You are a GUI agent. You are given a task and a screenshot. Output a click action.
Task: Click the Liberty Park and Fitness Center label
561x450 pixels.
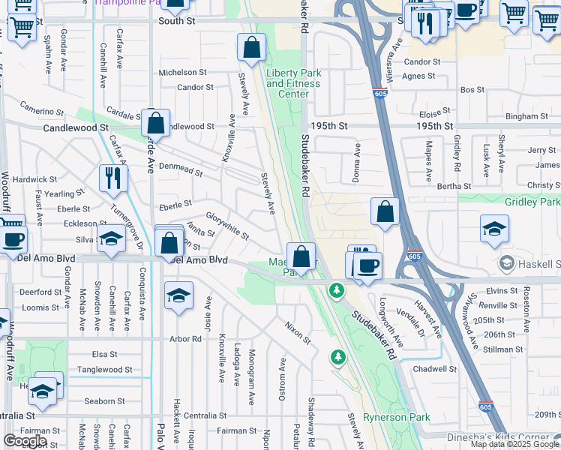click(x=293, y=84)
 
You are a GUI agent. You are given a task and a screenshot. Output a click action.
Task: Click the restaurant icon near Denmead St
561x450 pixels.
click(x=113, y=178)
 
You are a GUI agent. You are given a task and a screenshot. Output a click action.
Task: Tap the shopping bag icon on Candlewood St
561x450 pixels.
click(x=155, y=123)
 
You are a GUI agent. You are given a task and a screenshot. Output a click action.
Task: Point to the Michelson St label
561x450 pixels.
click(x=182, y=73)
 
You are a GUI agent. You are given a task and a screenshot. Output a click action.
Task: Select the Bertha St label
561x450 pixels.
click(x=454, y=186)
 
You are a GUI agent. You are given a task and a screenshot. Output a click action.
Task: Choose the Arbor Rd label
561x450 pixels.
click(x=186, y=339)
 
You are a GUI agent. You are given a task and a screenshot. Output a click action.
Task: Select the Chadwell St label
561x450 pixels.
click(x=434, y=369)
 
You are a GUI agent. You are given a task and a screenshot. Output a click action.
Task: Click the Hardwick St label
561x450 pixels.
click(x=34, y=180)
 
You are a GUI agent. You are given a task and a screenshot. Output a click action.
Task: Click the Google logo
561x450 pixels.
click(x=25, y=441)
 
